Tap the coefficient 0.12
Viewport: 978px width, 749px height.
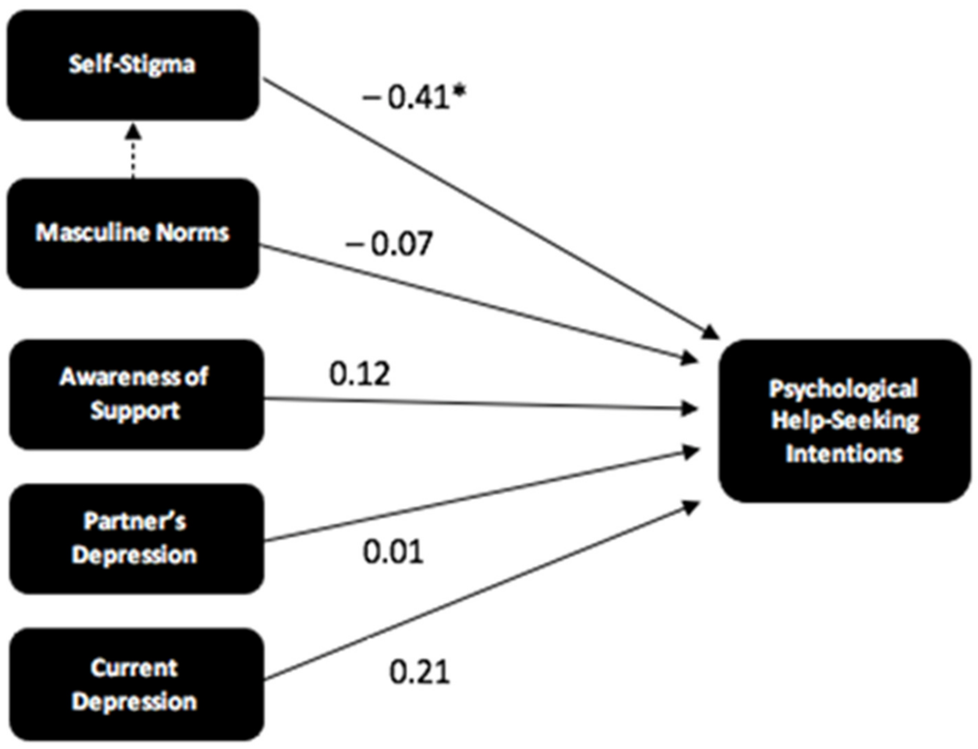359,374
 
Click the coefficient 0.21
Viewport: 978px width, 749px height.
419,672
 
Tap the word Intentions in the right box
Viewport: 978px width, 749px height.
844,453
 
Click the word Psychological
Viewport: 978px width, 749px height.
843,388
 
